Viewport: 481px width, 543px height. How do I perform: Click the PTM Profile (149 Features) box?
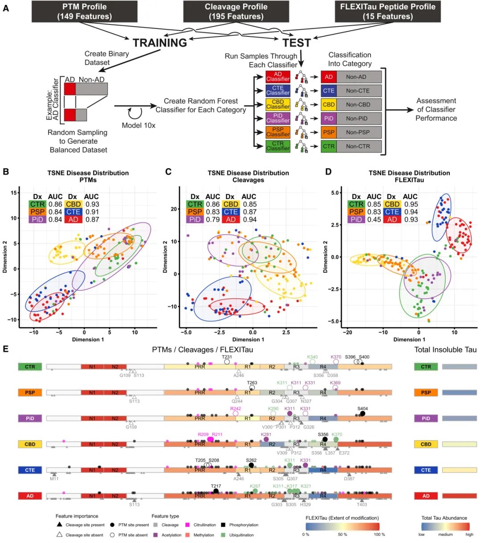click(84, 12)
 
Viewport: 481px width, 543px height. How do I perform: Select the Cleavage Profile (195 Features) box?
click(236, 12)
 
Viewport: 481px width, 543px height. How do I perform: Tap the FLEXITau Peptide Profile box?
click(387, 12)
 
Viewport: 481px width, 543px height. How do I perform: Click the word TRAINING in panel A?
click(159, 43)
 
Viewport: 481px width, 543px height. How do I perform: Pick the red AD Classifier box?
click(278, 77)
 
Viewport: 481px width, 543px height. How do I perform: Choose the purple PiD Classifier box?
click(278, 118)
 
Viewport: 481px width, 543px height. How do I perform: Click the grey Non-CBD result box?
click(358, 105)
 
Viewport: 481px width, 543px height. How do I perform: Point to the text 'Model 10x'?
click(139, 126)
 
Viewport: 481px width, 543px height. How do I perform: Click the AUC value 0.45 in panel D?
click(374, 219)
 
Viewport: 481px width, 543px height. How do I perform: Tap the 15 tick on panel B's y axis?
click(14, 193)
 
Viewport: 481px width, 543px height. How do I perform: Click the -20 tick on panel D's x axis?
click(347, 332)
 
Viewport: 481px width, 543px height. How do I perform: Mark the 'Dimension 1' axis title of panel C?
click(249, 340)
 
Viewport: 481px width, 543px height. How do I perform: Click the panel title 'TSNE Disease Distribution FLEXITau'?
click(409, 176)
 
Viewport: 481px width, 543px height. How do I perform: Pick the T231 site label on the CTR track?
click(227, 357)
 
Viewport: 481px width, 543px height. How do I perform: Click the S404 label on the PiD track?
click(363, 408)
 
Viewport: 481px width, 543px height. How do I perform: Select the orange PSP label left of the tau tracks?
click(30, 393)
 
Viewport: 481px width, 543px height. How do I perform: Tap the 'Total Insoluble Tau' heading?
click(445, 350)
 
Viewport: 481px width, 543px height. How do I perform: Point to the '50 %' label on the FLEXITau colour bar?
click(342, 534)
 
